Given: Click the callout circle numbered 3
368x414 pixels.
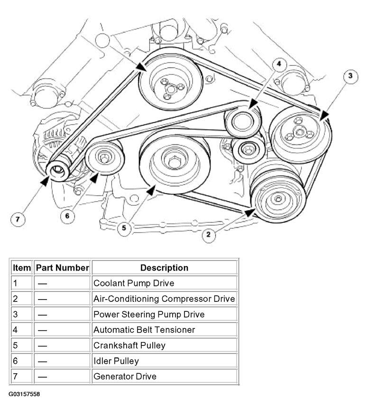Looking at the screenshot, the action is point(350,76).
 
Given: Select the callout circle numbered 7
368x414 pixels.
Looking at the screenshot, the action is point(18,220).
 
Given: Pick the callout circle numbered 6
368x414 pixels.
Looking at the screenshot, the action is point(67,216).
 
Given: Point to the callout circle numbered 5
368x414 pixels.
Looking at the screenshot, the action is point(124,228).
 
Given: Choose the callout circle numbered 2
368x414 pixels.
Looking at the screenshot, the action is point(209,235).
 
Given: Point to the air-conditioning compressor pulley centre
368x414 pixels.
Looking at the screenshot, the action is point(278,199).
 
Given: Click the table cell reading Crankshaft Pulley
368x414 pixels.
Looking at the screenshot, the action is point(164,345).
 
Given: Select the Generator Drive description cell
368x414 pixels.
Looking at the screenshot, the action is point(164,377).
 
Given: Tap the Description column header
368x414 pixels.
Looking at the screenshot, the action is point(164,268).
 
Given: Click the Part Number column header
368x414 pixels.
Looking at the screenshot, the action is point(63,268).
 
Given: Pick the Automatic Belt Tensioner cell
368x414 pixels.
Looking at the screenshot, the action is point(164,330).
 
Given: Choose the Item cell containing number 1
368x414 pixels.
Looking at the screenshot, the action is point(22,283).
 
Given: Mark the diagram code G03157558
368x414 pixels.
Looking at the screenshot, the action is point(24,394).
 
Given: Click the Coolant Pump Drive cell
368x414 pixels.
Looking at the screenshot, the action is point(164,283).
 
